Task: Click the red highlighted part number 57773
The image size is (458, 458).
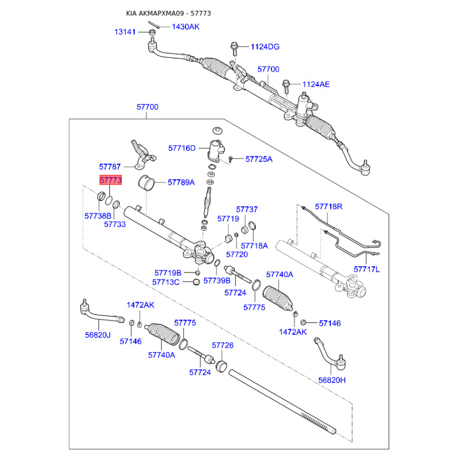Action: coord(110,180)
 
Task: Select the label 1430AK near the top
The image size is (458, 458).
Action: coord(185,27)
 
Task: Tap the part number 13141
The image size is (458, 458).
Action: coord(125,32)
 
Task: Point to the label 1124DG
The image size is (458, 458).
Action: coord(265,47)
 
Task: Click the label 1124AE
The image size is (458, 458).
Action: coord(316,84)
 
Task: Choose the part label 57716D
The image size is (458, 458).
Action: coord(181,148)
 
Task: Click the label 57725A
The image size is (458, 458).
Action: coord(259,159)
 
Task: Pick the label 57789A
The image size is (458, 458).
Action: coord(181,183)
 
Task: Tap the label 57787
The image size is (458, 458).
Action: coord(110,167)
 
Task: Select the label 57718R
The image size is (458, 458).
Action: coord(329,207)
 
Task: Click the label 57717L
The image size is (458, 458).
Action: coord(366,269)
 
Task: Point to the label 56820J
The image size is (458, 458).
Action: coord(98,335)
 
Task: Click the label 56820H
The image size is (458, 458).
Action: coord(332,380)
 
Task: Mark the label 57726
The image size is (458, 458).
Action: coord(223,346)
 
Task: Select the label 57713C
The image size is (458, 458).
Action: coord(166,282)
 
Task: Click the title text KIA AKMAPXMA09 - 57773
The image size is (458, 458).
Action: coord(168,13)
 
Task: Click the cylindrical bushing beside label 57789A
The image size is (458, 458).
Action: coord(147,183)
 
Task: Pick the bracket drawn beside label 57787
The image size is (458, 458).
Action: coord(142,155)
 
